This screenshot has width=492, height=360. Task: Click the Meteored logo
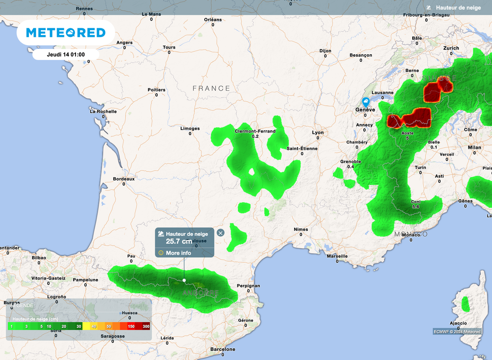[x=65, y=33]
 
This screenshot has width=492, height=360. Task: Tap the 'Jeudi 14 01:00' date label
[x=66, y=54]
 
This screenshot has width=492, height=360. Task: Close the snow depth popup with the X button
[x=221, y=233]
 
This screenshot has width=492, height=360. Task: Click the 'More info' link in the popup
[x=178, y=253]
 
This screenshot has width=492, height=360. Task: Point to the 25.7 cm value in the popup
[x=179, y=241]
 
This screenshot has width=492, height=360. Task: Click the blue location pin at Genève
[x=366, y=102]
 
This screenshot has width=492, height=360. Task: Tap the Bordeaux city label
[x=123, y=179]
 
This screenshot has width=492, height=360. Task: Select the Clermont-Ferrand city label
[x=255, y=131]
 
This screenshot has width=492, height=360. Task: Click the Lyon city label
[x=318, y=132]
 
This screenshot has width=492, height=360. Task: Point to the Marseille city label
[x=337, y=256]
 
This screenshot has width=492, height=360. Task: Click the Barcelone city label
[x=223, y=349]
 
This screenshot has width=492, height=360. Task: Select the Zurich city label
[x=451, y=48]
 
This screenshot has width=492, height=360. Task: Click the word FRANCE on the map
[x=211, y=88]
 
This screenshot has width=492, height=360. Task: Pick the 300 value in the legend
[x=146, y=326]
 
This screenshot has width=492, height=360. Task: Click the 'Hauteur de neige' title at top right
[x=458, y=8]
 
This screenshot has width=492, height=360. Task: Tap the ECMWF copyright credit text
[x=456, y=331]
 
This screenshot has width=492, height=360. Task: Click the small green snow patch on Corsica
[x=465, y=303]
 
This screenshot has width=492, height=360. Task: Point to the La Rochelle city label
[x=103, y=111]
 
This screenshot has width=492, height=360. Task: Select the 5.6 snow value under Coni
[x=416, y=207]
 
